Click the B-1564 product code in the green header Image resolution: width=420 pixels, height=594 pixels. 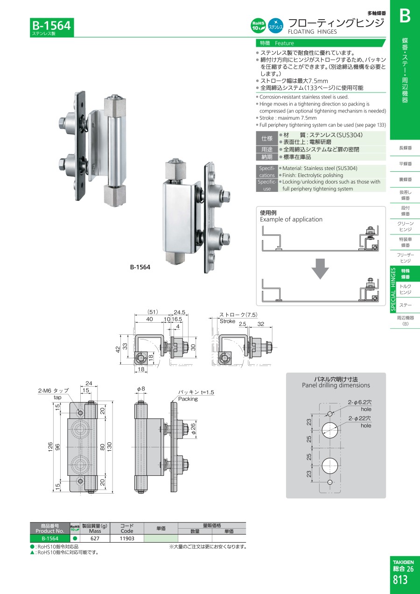(x=51, y=25)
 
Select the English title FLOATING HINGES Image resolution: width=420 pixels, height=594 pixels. (x=312, y=32)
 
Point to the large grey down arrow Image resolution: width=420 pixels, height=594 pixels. (x=320, y=269)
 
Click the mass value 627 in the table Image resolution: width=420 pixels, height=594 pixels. (x=95, y=538)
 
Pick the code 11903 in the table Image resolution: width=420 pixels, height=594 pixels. (x=127, y=538)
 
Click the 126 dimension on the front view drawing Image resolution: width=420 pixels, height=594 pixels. (x=50, y=447)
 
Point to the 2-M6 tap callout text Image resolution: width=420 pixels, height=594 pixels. (x=53, y=390)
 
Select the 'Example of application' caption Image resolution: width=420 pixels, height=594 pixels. (x=291, y=219)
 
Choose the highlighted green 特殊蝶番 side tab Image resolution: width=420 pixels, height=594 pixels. (x=406, y=274)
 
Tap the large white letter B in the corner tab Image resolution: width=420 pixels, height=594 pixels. (x=405, y=16)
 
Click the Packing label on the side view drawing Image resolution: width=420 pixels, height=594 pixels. (x=188, y=399)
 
